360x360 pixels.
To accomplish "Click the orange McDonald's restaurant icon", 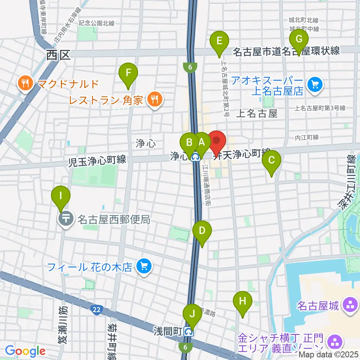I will pyautogui.click(x=25, y=83).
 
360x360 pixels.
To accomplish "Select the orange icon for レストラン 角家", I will pyautogui.click(x=154, y=100).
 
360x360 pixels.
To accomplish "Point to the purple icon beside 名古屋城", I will pyautogui.click(x=351, y=304).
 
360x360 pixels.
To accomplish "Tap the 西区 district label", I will pyautogui.click(x=58, y=55).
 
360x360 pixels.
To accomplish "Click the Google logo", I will pyautogui.click(x=25, y=351).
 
